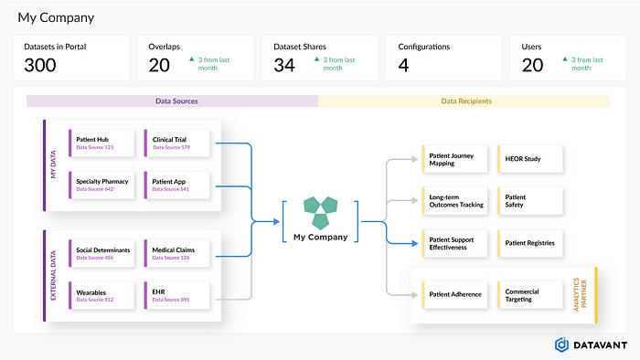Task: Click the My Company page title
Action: click(x=56, y=17)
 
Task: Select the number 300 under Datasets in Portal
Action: click(x=41, y=65)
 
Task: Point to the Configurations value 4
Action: click(x=403, y=65)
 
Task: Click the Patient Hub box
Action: click(x=101, y=143)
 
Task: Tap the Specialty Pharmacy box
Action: click(x=101, y=185)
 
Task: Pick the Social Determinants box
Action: click(x=101, y=253)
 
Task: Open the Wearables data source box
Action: click(x=101, y=295)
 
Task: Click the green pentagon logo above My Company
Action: click(x=320, y=211)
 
